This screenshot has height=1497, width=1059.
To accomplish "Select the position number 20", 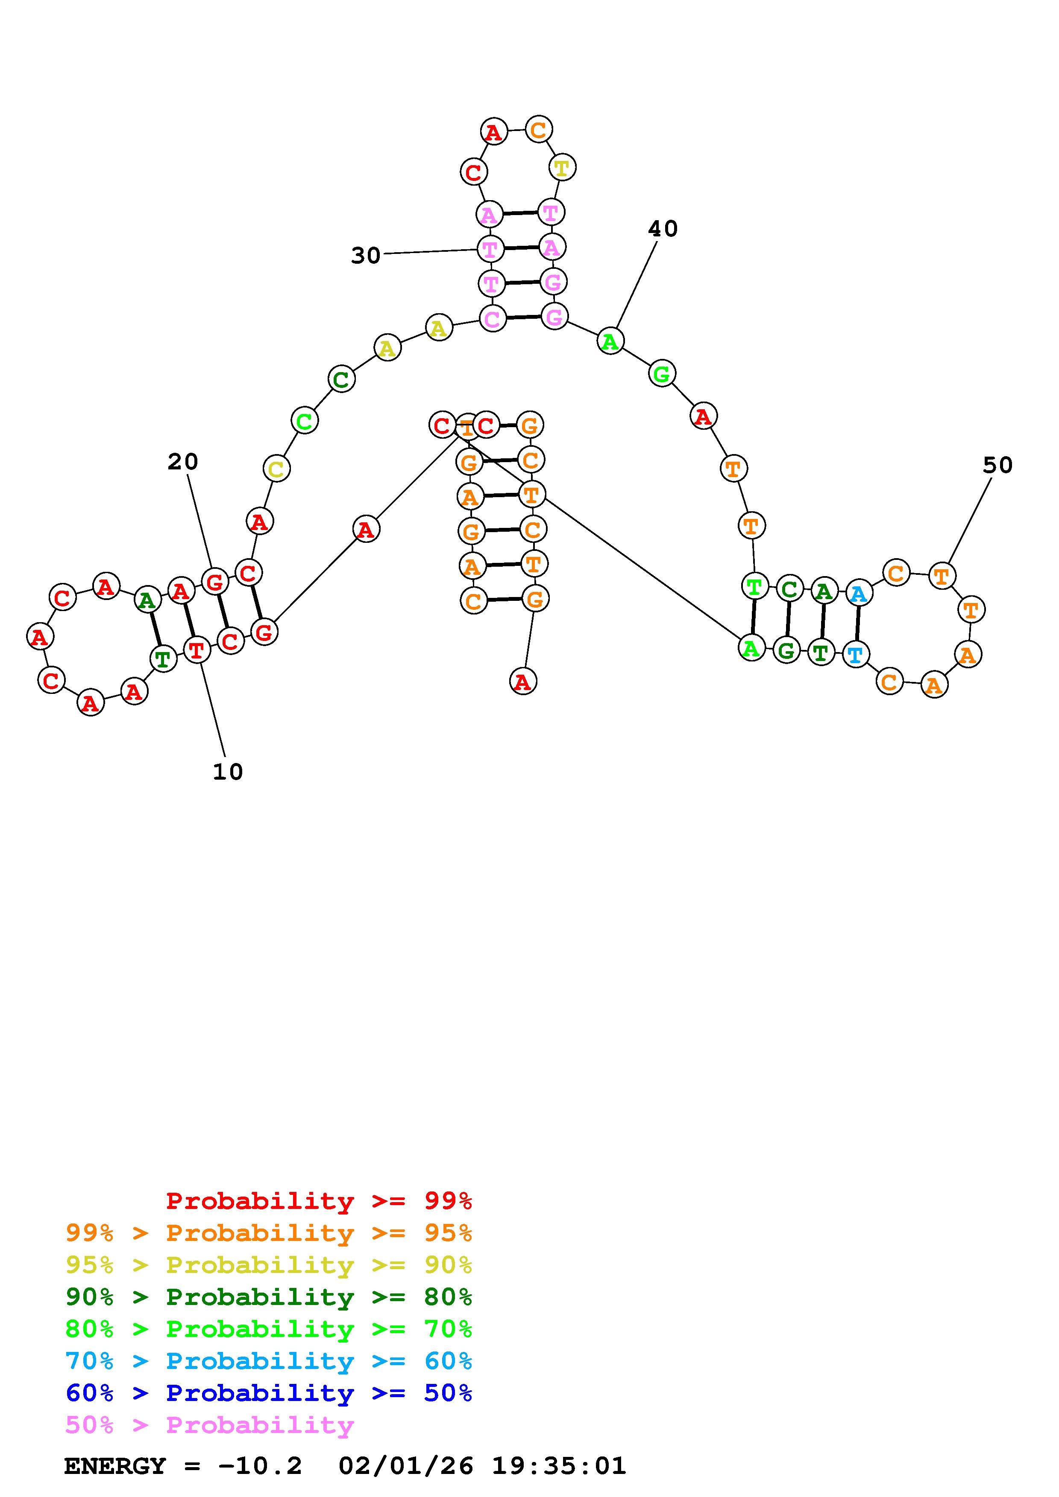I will pyautogui.click(x=183, y=462).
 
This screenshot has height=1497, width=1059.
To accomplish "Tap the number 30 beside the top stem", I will pyautogui.click(x=365, y=256).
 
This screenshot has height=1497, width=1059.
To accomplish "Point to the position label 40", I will pyautogui.click(x=663, y=229).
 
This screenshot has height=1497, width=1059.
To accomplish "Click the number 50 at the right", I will pyautogui.click(x=997, y=466).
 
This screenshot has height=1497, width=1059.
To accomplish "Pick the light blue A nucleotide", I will pyautogui.click(x=858, y=593).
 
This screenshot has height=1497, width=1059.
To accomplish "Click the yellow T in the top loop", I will pyautogui.click(x=561, y=168).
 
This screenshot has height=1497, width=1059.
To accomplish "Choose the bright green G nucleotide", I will pyautogui.click(x=662, y=374).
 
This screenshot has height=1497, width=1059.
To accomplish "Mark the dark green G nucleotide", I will pyautogui.click(x=786, y=650).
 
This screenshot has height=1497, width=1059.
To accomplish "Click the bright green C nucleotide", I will pyautogui.click(x=304, y=421).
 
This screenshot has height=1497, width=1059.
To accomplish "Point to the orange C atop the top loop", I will pyautogui.click(x=538, y=130).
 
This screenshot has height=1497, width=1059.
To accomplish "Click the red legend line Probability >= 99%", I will pyautogui.click(x=318, y=1201).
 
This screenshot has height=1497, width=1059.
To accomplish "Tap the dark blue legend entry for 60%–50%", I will pyautogui.click(x=269, y=1393).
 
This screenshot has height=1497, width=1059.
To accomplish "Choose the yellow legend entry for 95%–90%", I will pyautogui.click(x=269, y=1265).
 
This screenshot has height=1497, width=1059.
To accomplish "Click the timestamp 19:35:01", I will pyautogui.click(x=558, y=1466).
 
